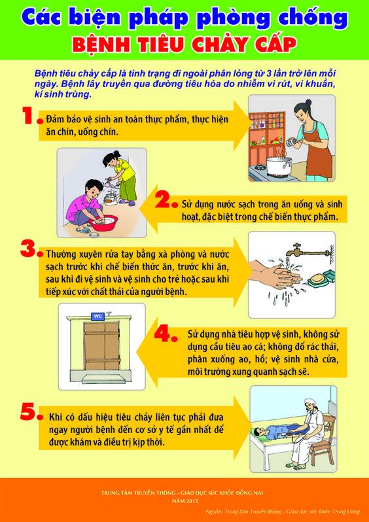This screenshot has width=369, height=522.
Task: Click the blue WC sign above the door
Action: (x=98, y=316)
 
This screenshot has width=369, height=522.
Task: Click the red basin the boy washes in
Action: (x=103, y=222)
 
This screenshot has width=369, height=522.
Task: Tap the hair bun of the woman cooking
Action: (x=308, y=102)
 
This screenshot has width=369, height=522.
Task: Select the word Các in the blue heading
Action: (x=46, y=20)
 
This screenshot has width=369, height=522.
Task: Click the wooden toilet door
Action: (x=101, y=346)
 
